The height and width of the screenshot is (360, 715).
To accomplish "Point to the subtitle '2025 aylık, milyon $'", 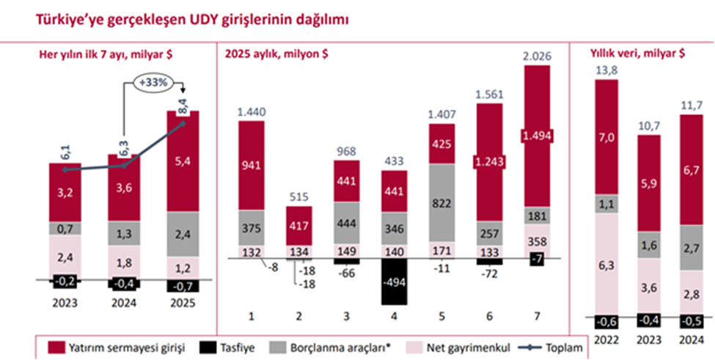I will [275, 53].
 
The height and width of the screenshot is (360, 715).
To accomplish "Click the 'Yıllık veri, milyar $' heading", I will [637, 53].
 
